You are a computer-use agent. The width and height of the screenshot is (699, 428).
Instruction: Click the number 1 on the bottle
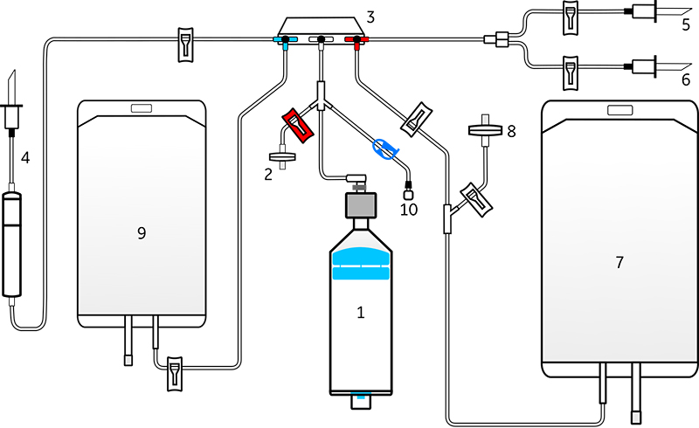[361, 313]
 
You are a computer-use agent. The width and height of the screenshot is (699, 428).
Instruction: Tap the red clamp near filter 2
[298, 125]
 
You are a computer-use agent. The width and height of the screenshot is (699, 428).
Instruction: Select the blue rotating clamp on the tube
[385, 148]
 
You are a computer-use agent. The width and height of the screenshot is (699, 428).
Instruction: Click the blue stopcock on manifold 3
[286, 40]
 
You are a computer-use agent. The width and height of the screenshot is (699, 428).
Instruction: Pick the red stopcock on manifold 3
[356, 40]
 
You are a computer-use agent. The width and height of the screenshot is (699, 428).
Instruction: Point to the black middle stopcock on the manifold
[321, 40]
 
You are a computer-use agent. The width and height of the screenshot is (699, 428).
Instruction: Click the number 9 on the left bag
[142, 232]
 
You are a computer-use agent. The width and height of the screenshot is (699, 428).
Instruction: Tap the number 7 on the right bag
[619, 262]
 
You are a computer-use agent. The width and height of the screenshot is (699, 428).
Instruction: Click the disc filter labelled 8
[485, 130]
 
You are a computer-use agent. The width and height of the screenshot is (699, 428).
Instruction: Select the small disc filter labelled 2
[282, 157]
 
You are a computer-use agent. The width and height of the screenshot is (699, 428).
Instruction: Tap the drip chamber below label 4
[12, 245]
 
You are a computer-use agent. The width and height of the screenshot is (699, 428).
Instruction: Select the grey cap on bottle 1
[361, 205]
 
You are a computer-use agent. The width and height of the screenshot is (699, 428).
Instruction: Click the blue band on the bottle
[361, 264]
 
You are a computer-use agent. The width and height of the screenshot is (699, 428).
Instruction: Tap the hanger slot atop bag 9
[142, 108]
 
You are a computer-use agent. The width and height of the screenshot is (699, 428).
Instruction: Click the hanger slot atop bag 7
[620, 110]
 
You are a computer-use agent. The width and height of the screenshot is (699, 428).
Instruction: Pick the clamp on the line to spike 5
[571, 17]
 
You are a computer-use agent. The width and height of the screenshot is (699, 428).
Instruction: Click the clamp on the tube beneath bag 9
[174, 374]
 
